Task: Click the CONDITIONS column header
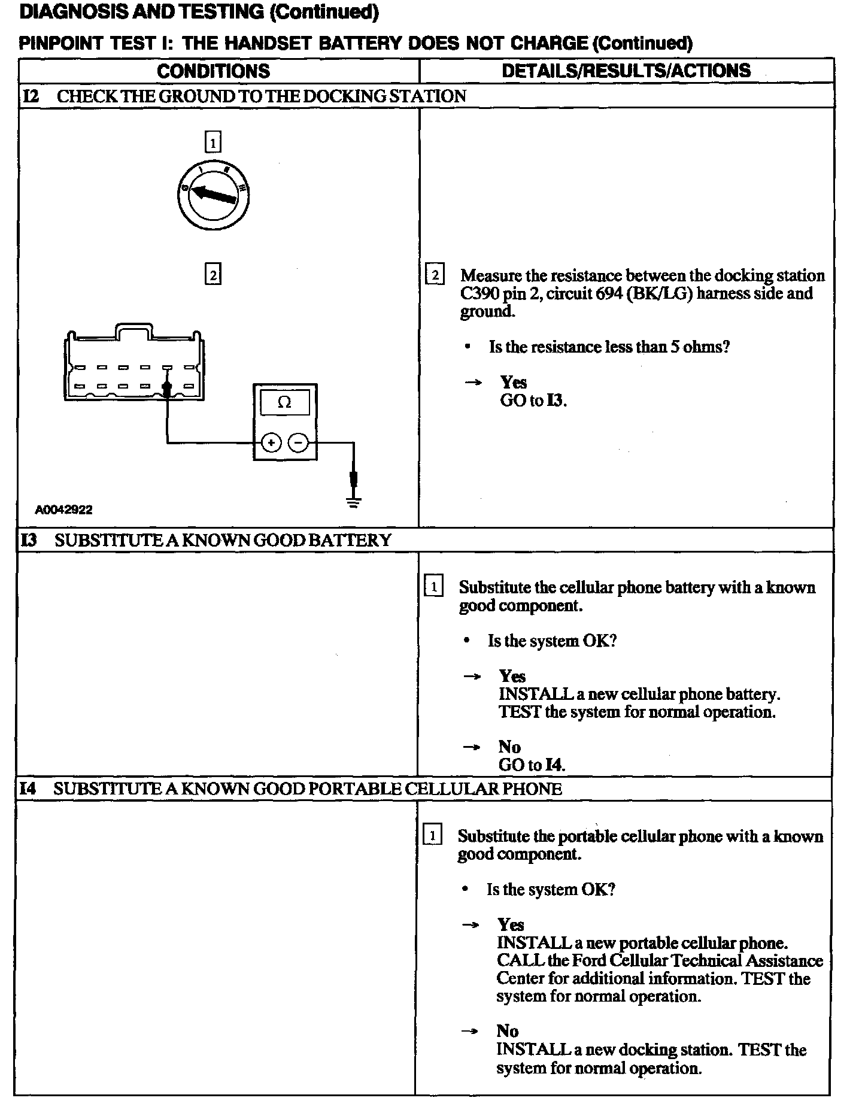pos(213,71)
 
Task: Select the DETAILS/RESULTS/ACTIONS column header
pos(626,71)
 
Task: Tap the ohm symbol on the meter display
pos(285,402)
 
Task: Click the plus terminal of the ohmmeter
pos(271,443)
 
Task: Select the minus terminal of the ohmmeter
pos(298,443)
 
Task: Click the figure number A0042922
pos(63,510)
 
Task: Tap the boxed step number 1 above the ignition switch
pos(213,142)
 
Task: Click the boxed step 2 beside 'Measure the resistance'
pos(435,275)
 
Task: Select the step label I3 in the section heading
pos(28,540)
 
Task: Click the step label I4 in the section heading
pos(28,789)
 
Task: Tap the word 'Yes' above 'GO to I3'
pos(514,383)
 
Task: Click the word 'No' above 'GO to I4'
pos(509,747)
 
